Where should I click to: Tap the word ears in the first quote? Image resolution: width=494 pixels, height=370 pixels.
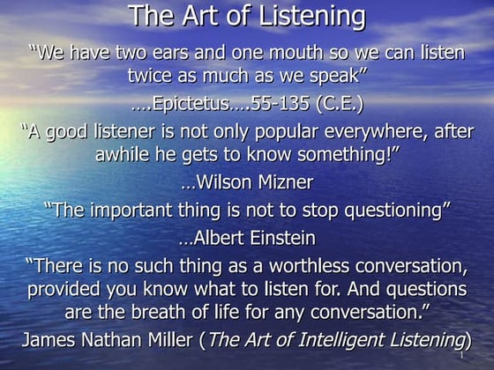165,53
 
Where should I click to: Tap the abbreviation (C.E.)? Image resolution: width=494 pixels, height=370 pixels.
336,104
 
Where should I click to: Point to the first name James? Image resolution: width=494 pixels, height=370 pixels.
51,340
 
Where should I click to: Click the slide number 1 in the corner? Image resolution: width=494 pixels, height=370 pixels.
461,359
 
